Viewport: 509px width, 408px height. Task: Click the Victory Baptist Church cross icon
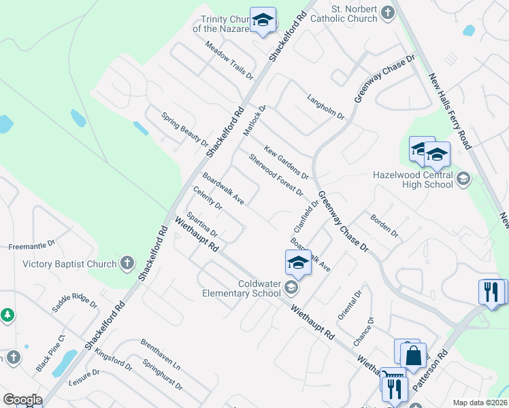[127, 264]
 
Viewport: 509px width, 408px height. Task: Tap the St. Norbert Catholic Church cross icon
[388, 13]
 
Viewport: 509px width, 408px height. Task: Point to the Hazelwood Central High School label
[413, 180]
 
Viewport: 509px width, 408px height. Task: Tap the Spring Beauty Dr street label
[184, 129]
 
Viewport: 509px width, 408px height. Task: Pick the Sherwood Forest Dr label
[276, 175]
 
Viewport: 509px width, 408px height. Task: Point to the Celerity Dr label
[208, 198]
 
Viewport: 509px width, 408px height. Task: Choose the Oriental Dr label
[349, 305]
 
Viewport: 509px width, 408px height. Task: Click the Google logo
[22, 400]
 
